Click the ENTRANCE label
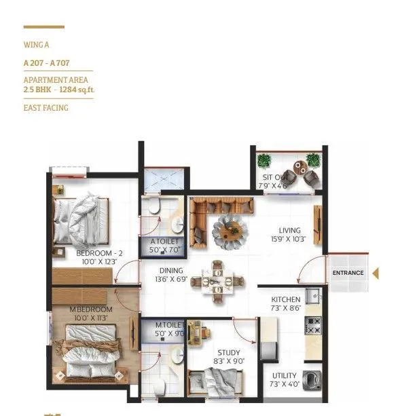coord(348,273)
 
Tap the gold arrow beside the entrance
coord(376,273)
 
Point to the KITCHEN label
coord(286,299)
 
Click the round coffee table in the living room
coord(226,231)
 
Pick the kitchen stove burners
coord(314,326)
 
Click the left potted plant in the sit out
coord(264,161)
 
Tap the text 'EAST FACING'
coord(46,107)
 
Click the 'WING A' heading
coord(37,45)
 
